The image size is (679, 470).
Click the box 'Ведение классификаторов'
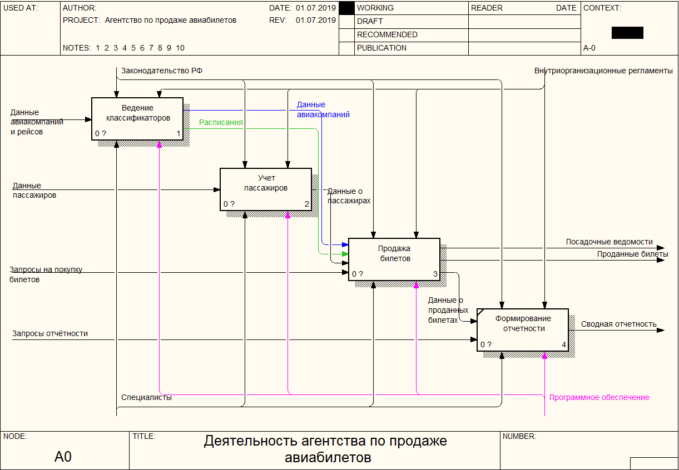[x=137, y=118]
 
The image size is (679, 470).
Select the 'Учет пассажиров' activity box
[x=265, y=189]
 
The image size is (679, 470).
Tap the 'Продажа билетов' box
[x=394, y=259]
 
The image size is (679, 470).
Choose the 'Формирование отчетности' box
[x=522, y=329]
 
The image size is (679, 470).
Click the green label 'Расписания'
[x=221, y=122]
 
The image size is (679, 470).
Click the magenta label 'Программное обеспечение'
[x=599, y=397]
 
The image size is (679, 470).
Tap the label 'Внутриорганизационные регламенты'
[x=603, y=71]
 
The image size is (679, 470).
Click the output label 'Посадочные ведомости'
[x=609, y=242]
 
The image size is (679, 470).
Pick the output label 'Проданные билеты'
[x=632, y=254]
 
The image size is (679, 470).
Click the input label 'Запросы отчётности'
[x=50, y=333]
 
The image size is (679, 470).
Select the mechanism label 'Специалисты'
[x=146, y=397]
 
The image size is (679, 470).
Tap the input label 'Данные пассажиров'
[x=34, y=191]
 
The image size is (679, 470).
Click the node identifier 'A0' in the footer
[x=63, y=457]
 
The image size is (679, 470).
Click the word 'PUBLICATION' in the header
[x=381, y=48]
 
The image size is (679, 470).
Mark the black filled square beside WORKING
[x=346, y=8]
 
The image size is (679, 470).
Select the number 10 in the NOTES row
[x=180, y=48]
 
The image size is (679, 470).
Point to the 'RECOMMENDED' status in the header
[x=387, y=34]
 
